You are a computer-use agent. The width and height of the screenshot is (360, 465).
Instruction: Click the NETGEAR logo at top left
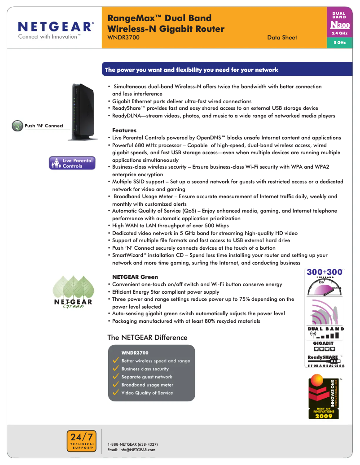(x=56, y=30)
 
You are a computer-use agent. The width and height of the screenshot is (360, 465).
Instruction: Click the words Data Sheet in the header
(x=282, y=38)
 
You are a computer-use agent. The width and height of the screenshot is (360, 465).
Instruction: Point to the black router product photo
(x=83, y=112)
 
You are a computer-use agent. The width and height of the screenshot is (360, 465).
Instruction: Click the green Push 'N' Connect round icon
(x=17, y=126)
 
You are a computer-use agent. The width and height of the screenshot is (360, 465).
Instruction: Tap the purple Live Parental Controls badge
(x=72, y=163)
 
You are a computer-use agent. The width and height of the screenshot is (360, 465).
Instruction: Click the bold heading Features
(x=124, y=130)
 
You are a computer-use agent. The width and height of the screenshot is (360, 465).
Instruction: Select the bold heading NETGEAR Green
(x=135, y=277)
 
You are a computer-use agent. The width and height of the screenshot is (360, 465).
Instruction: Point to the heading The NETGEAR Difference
(x=147, y=338)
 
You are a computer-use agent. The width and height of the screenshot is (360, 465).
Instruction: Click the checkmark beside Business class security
(x=116, y=369)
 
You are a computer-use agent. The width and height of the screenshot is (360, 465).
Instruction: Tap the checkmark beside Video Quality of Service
(x=116, y=392)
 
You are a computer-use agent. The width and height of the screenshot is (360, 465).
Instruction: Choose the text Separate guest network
(x=147, y=377)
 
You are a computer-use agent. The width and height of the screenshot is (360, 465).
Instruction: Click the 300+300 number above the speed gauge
(x=325, y=272)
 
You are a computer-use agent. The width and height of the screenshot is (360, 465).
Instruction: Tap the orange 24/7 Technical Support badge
(x=82, y=441)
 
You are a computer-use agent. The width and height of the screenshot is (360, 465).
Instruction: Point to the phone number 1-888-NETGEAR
(x=132, y=444)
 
